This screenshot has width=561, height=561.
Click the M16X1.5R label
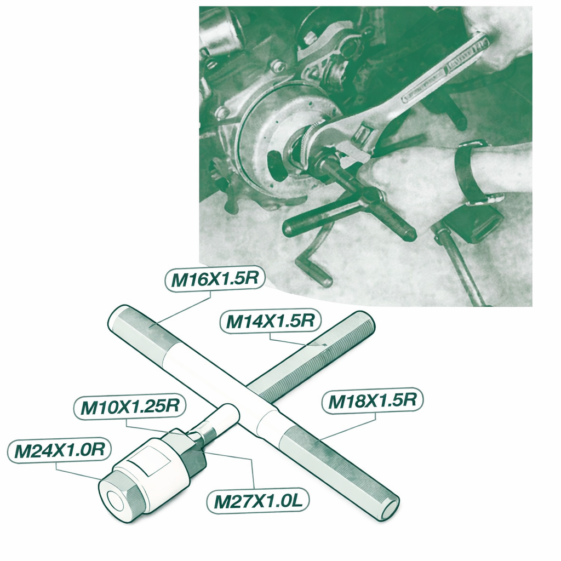215,278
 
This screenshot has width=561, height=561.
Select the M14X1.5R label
271,320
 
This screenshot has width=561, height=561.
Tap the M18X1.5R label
373,400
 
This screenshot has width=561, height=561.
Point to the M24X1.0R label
59,450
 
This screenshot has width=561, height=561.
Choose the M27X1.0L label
258,501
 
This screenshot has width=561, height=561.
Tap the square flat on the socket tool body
150,461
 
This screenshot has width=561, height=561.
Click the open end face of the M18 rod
390,510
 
